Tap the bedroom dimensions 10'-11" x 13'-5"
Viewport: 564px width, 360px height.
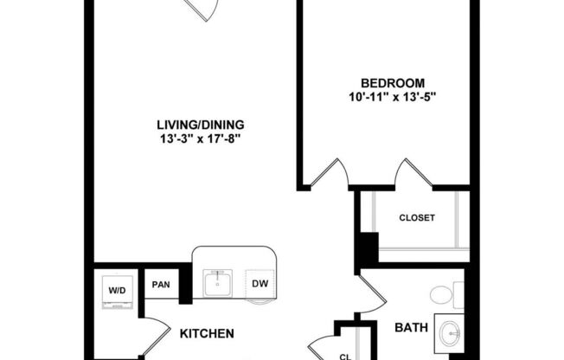click(x=386, y=96)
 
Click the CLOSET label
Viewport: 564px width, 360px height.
click(x=416, y=218)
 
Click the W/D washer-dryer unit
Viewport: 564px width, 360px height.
click(x=117, y=290)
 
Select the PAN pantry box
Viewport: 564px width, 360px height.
click(x=161, y=284)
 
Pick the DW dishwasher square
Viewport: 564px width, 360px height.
click(x=259, y=284)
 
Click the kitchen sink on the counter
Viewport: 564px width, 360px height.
click(x=217, y=283)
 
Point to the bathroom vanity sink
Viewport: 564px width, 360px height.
click(x=450, y=333)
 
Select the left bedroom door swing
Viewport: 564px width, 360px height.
click(x=330, y=174)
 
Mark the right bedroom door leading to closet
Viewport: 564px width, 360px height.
click(x=413, y=172)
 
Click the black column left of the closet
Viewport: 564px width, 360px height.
click(x=367, y=251)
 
